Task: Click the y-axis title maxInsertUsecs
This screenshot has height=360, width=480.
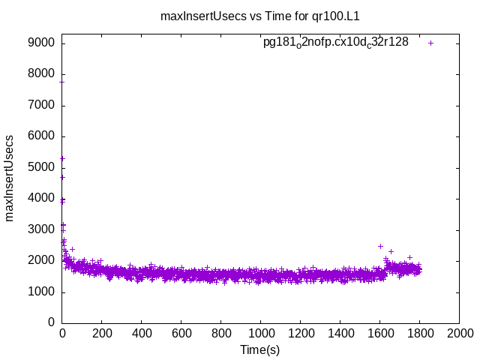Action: click(x=10, y=178)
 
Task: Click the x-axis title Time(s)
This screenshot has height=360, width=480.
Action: click(x=259, y=349)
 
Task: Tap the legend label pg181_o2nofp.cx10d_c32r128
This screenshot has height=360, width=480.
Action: click(x=335, y=43)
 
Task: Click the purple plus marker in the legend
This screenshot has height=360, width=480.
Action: click(x=431, y=43)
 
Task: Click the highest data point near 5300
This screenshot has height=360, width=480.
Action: click(x=62, y=158)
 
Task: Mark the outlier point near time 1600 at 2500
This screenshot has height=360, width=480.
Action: click(x=380, y=246)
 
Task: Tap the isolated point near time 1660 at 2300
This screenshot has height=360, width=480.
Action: click(x=391, y=251)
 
